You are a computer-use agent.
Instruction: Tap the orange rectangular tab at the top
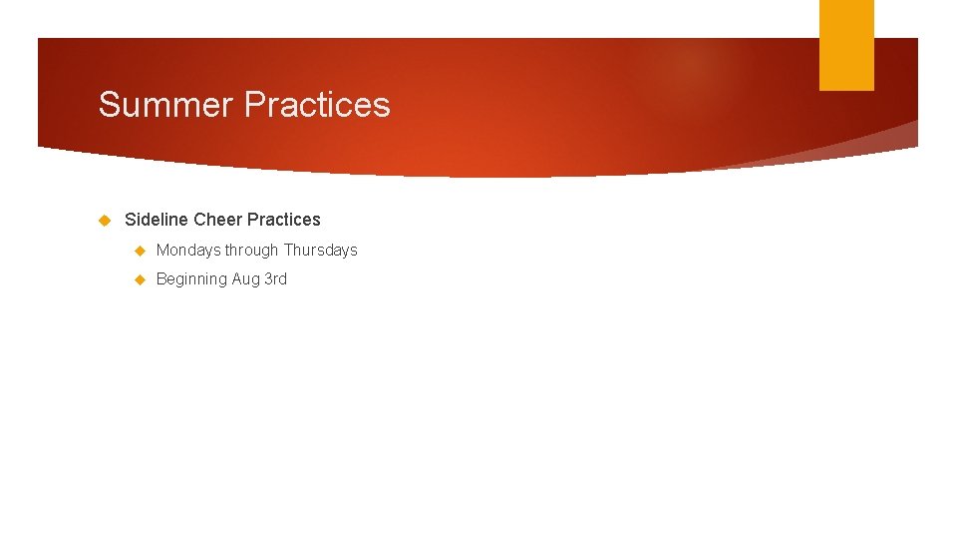tap(846, 45)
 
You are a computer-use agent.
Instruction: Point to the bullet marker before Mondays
tap(141, 251)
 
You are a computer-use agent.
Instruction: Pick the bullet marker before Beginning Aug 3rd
tap(141, 279)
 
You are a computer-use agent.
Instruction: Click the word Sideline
tap(156, 220)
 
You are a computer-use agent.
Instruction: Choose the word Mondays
tap(188, 251)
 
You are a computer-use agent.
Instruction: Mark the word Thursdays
tap(320, 251)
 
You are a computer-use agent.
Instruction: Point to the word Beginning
tap(191, 279)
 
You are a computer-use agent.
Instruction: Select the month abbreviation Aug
tap(245, 279)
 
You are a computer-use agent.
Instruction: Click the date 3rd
tap(275, 279)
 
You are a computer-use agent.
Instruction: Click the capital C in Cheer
tap(199, 220)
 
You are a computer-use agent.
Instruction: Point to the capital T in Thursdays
tap(288, 251)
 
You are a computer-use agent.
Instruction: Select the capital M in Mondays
tap(162, 251)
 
